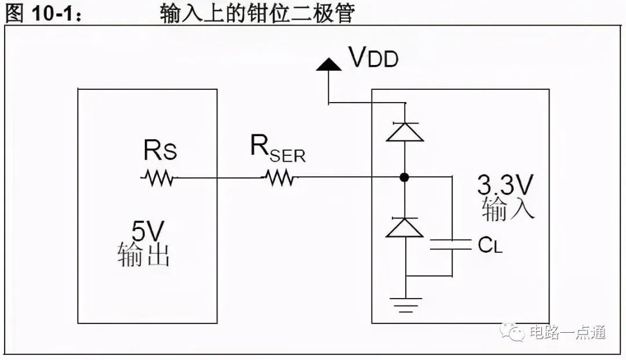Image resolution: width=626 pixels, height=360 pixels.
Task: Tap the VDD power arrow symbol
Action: (x=329, y=65)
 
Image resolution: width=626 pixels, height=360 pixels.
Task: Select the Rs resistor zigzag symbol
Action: (x=158, y=177)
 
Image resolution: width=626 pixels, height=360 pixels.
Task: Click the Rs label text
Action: (x=160, y=150)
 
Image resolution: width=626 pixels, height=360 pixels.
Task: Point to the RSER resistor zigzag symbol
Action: (x=279, y=177)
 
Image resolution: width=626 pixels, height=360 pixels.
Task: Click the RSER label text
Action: (x=278, y=149)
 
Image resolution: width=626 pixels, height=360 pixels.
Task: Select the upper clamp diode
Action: (x=405, y=132)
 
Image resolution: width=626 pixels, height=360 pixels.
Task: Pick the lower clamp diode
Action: (x=405, y=227)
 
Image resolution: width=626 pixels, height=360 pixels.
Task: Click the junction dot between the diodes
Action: (x=405, y=177)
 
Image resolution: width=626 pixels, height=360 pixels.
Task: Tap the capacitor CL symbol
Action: (x=451, y=245)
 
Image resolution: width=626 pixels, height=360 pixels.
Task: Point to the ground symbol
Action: (x=405, y=304)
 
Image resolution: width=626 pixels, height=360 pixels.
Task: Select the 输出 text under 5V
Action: (x=144, y=254)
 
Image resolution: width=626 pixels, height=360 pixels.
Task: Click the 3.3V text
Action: (x=505, y=185)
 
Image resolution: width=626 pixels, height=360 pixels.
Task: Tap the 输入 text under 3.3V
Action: (x=508, y=208)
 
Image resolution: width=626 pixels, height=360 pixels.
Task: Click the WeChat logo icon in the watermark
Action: (x=512, y=332)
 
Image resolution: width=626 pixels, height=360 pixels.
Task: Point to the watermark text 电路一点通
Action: (x=567, y=332)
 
